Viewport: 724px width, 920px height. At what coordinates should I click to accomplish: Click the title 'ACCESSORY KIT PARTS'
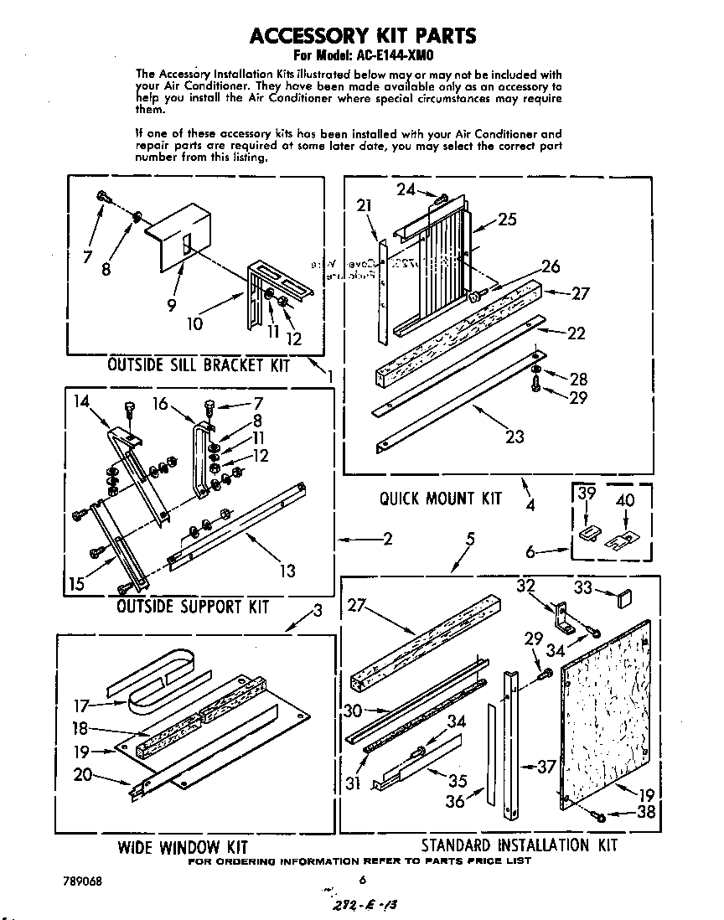[x=363, y=35]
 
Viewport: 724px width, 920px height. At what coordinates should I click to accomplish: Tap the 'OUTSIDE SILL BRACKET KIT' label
[x=199, y=365]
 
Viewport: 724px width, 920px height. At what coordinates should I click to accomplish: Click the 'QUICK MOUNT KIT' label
[x=440, y=498]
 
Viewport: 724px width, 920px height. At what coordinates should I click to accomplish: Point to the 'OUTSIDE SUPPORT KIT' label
[x=193, y=605]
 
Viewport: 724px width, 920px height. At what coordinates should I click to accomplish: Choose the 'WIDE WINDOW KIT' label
[x=182, y=846]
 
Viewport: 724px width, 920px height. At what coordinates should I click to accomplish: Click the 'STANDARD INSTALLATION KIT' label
[x=519, y=845]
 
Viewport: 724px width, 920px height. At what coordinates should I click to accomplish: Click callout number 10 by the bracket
[x=194, y=323]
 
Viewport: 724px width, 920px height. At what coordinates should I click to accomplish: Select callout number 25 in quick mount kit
[x=507, y=220]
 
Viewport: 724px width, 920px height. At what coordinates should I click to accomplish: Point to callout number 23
[x=515, y=436]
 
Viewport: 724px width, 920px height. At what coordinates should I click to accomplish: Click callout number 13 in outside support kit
[x=287, y=571]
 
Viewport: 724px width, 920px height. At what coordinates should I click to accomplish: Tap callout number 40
[x=625, y=500]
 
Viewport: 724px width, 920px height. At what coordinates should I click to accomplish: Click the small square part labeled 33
[x=623, y=597]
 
